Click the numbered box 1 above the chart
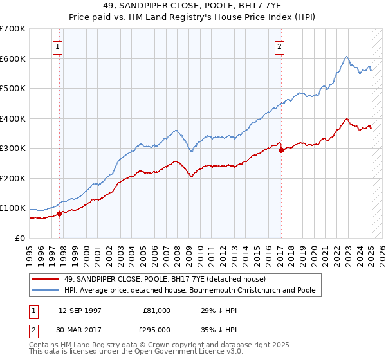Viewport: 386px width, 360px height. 58,46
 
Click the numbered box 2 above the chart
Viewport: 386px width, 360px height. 280,46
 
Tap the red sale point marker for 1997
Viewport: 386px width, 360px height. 59,213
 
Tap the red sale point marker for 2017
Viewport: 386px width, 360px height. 281,150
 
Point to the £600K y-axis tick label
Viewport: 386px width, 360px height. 13,59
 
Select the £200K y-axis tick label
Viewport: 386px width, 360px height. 13,178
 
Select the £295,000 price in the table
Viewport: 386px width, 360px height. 156,329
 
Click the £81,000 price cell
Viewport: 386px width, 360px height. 156,310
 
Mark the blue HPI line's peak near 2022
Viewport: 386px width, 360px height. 346,57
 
